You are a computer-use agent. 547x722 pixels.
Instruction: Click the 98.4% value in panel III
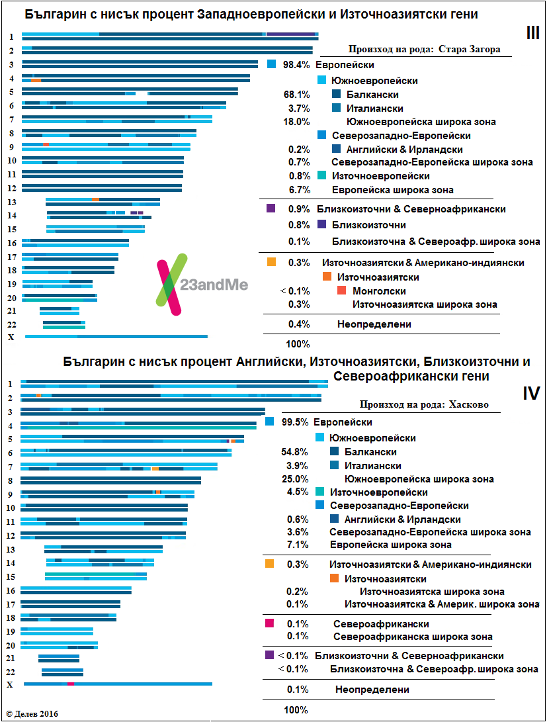point(296,65)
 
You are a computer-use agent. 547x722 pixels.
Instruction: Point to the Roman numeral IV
point(530,393)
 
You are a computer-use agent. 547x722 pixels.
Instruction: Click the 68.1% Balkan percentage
point(296,95)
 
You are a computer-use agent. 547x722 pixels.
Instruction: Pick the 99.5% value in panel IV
point(294,422)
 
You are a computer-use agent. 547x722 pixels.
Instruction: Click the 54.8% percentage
point(294,452)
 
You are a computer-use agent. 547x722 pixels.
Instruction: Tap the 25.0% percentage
point(294,478)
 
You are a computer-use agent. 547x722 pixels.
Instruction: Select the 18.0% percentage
point(296,122)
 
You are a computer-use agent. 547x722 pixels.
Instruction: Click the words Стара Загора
point(472,49)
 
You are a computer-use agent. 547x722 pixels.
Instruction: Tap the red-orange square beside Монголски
point(341,291)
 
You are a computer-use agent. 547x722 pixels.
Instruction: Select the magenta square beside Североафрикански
point(269,623)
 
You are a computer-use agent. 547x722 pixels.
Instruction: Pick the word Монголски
point(379,291)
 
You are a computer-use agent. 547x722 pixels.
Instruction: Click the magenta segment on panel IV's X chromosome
point(71,684)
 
